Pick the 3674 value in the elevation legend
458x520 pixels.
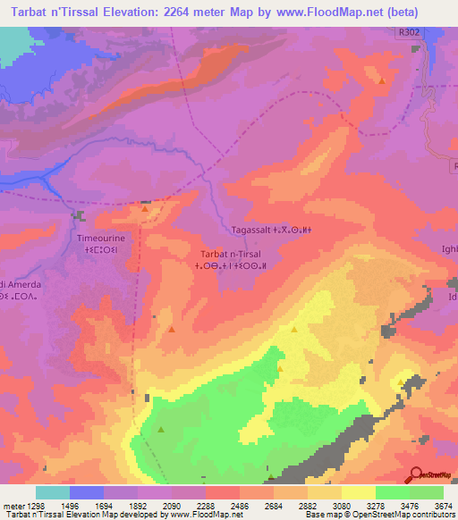coord(442,505)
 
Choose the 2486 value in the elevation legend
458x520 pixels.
coord(239,505)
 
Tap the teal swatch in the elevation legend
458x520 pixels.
coord(53,492)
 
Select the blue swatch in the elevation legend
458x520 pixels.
coord(87,492)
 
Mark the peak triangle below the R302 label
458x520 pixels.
coord(382,81)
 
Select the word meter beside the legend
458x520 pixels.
coord(16,505)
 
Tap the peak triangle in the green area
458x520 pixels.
coord(161,430)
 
